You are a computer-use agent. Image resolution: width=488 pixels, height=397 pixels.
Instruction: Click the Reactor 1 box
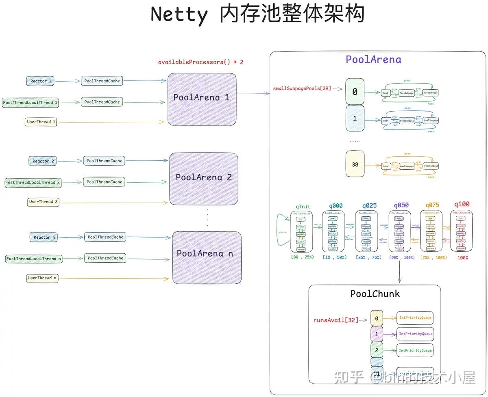tap(40, 81)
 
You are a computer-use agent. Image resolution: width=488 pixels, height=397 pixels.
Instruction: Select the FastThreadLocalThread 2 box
tap(33, 182)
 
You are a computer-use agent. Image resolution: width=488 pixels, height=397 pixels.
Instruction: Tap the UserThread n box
tap(42, 278)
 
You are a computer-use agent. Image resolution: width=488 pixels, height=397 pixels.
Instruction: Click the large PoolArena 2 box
tap(203, 178)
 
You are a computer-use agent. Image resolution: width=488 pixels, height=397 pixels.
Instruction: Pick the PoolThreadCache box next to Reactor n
tap(105, 237)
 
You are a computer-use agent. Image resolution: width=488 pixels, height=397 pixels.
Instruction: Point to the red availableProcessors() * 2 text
tap(200, 62)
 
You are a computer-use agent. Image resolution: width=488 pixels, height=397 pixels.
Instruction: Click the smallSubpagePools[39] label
tap(302, 88)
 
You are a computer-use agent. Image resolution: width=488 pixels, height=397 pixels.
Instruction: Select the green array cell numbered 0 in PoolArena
tap(355, 92)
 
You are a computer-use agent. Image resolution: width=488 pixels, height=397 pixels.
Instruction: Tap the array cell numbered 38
tap(355, 164)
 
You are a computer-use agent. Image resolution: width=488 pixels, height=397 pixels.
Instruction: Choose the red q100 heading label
tap(462, 205)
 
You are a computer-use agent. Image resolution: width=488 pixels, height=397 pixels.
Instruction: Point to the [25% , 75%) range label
tap(368, 257)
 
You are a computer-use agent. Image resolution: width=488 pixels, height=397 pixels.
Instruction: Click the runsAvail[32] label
tap(336, 320)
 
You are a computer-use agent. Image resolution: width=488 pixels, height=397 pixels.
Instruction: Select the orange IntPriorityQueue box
tap(415, 318)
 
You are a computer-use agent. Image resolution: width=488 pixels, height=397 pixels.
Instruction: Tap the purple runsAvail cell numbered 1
tap(377, 334)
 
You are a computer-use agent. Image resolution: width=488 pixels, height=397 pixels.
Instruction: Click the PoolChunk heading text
tap(375, 293)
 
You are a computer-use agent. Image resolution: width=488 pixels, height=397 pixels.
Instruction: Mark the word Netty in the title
tap(179, 15)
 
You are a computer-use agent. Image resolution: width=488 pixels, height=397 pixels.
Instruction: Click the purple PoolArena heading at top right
tap(373, 60)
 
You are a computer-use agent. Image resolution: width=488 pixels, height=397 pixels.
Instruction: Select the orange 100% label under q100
tap(463, 257)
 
